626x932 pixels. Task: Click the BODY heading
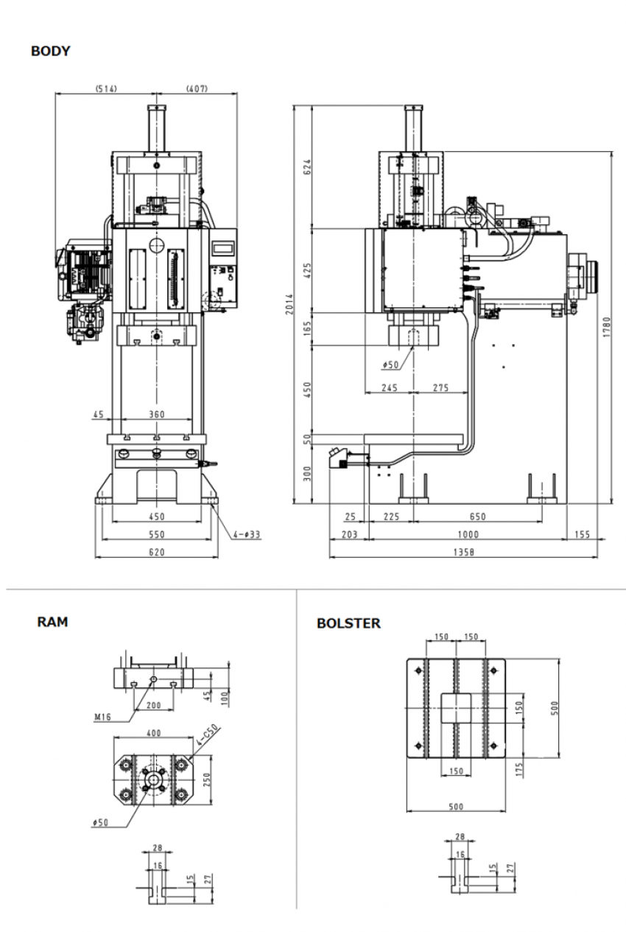point(50,52)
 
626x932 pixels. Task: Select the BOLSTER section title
point(348,623)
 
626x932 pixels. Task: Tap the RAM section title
point(52,622)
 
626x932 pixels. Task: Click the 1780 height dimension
point(606,326)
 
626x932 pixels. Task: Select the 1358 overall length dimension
point(463,552)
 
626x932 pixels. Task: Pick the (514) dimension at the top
point(105,88)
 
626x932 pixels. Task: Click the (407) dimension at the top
point(197,88)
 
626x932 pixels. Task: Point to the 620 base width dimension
point(156,552)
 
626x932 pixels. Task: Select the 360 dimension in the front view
point(156,415)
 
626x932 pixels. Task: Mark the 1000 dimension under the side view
point(467,535)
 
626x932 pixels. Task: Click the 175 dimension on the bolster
point(519,770)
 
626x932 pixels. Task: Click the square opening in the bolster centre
point(455,708)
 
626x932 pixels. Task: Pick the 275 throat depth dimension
point(440,388)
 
